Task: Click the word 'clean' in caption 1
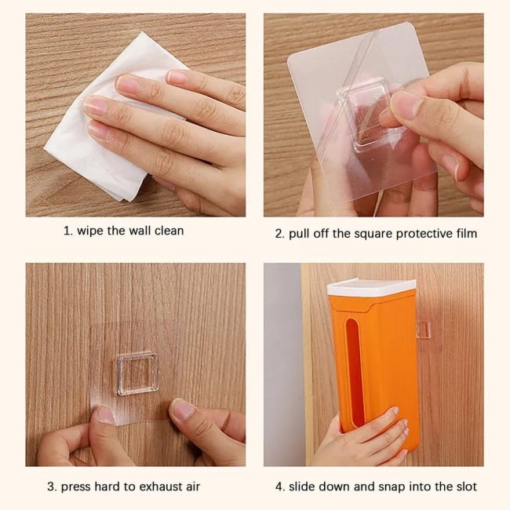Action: [x=169, y=231]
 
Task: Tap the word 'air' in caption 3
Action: [x=193, y=486]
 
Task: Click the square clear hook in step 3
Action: [x=137, y=373]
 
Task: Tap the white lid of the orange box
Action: [x=371, y=287]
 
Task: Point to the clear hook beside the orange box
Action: [x=423, y=329]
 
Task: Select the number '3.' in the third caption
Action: [x=52, y=487]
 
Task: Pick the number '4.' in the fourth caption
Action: [x=280, y=487]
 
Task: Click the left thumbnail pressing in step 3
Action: [x=106, y=415]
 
